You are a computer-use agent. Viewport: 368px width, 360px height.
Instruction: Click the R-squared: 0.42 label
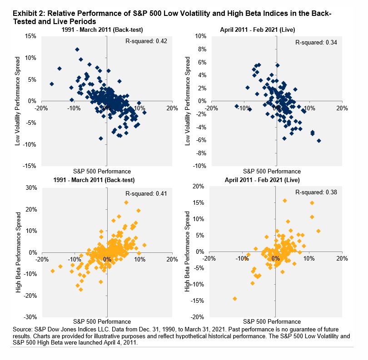[x=146, y=41]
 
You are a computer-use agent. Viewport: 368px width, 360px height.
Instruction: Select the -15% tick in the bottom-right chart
[x=199, y=301]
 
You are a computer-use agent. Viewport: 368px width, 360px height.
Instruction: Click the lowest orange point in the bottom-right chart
[x=235, y=298]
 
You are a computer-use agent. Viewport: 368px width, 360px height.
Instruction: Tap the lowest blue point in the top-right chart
[x=319, y=141]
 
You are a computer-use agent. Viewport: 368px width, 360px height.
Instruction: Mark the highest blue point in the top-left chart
[x=77, y=49]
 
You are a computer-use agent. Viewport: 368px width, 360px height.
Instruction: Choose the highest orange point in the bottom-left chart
[x=126, y=202]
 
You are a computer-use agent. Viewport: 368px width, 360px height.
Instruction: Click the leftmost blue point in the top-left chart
[x=52, y=84]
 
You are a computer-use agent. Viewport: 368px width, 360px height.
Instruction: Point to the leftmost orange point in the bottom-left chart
[x=53, y=271]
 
